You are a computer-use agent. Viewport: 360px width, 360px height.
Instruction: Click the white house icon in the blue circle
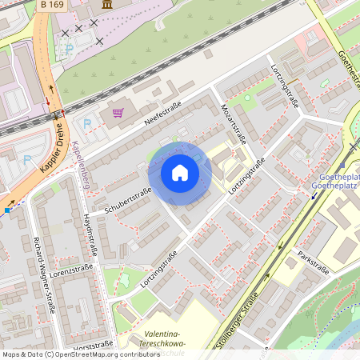pos(180,173)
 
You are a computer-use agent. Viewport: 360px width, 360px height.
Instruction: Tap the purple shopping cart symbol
pos(118,114)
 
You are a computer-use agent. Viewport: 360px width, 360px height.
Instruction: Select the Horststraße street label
pos(92,346)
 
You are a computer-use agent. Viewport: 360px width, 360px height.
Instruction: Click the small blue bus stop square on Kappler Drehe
pos(7,210)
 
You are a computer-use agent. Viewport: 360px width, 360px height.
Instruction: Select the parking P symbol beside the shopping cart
pos(87,124)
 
